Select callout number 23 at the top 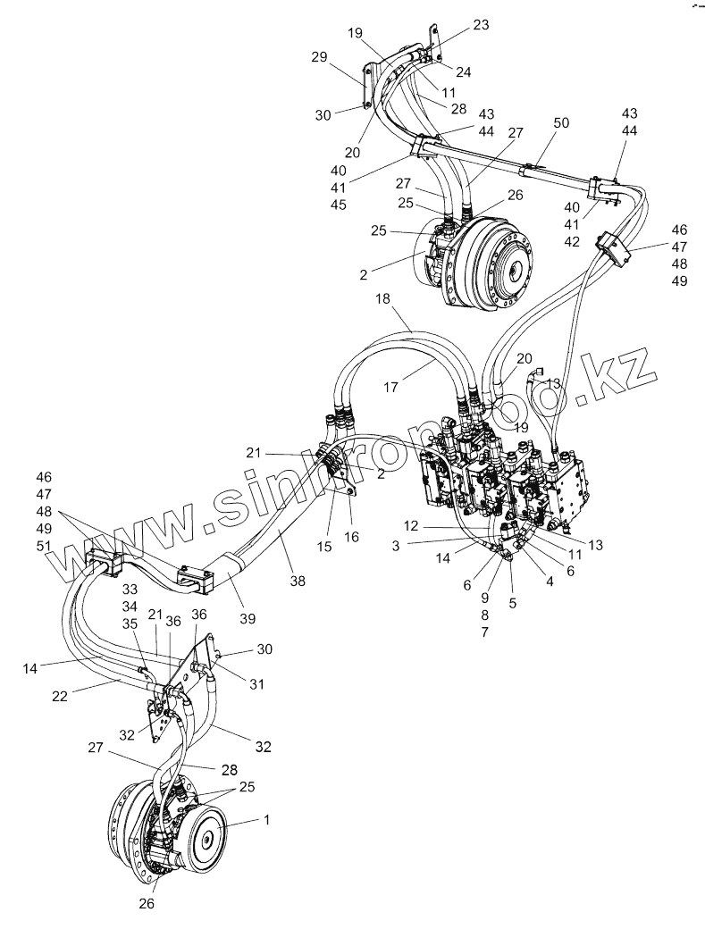click(x=481, y=26)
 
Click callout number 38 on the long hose click(x=297, y=581)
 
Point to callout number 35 click(x=130, y=624)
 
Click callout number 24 click(x=464, y=71)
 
